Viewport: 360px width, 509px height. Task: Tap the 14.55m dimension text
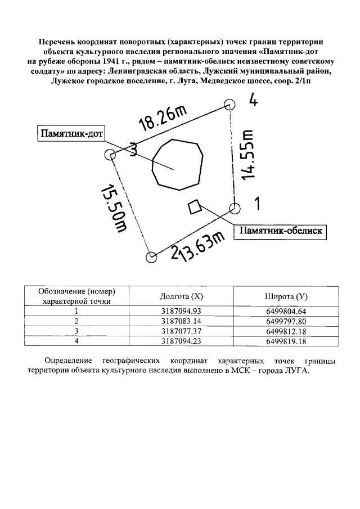(248, 155)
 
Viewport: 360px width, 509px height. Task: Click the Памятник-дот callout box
(71, 134)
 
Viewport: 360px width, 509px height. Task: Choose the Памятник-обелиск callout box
(281, 231)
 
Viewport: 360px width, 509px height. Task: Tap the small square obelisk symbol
(195, 206)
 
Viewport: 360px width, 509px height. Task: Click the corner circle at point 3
(111, 156)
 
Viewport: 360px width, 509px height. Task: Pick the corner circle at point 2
(151, 258)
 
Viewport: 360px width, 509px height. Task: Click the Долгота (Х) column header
(181, 296)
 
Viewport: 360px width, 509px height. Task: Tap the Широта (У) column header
(285, 296)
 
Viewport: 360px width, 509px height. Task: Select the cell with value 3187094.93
(181, 311)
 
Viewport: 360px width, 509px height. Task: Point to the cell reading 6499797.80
(285, 321)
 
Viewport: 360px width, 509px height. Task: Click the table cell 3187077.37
(181, 331)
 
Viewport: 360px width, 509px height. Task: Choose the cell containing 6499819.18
(285, 341)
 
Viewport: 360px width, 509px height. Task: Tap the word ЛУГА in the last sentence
(295, 371)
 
